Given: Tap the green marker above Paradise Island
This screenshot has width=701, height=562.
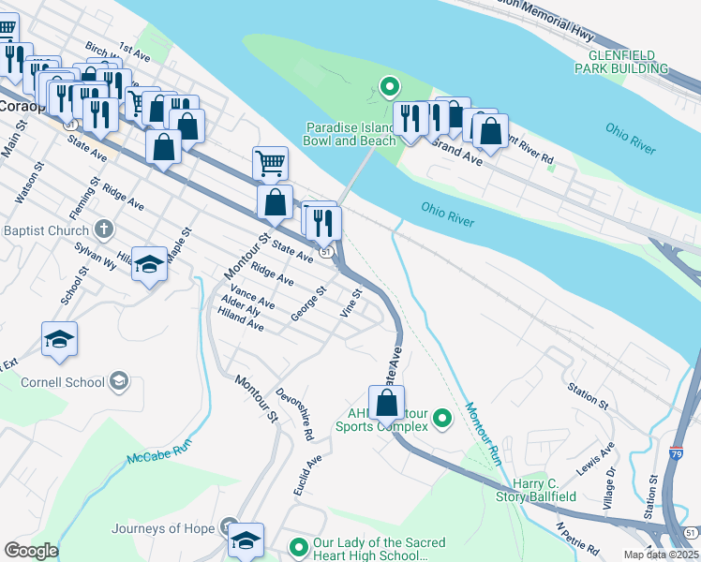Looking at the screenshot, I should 389,88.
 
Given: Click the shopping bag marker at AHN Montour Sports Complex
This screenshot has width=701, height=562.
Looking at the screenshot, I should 386,404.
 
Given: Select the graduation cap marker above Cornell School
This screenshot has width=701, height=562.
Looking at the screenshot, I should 59,340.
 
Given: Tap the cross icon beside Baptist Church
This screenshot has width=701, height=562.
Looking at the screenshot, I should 104,229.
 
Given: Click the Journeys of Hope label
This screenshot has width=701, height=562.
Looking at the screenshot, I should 173,528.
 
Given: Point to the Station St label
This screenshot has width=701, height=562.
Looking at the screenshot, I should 589,394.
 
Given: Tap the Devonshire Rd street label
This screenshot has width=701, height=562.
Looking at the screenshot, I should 294,414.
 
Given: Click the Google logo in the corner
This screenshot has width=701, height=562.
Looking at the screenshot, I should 31,551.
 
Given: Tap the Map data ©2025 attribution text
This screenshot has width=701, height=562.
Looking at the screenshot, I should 662,555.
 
